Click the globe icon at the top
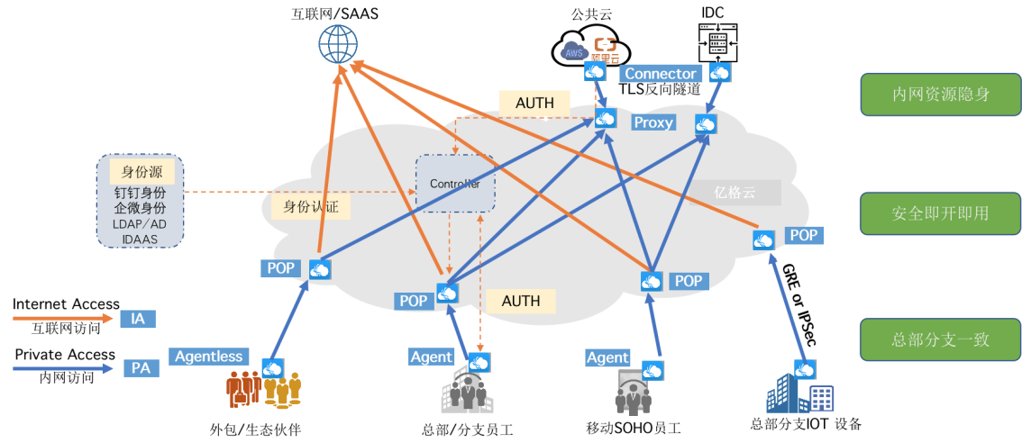338,43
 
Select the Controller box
454,184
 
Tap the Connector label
661,74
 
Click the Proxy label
652,122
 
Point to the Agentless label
209,357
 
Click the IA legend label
138,318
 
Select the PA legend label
141,368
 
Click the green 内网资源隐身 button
940,95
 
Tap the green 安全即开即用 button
940,213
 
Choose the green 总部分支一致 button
940,339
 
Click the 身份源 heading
141,171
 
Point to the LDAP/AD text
141,223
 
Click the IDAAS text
141,240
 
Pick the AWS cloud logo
573,51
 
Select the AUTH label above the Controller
534,104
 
